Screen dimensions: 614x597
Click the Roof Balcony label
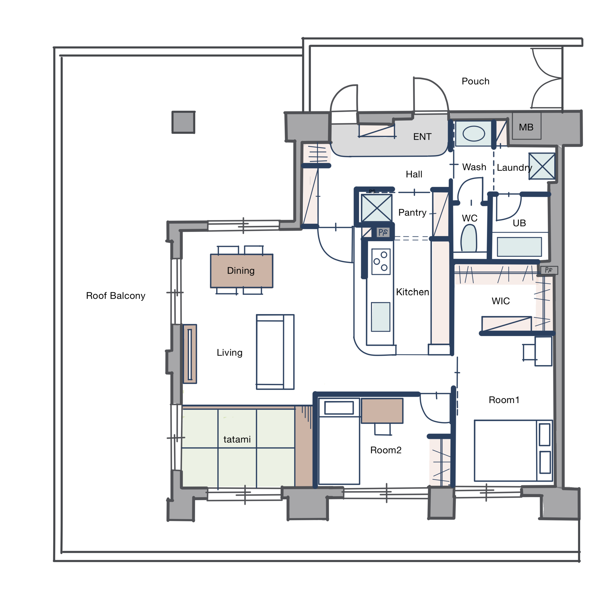point(116,296)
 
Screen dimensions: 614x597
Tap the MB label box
point(527,126)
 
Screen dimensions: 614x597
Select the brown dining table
point(242,271)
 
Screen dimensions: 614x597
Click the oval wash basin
point(474,134)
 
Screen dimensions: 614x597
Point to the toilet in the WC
point(469,239)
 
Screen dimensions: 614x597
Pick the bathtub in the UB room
point(519,247)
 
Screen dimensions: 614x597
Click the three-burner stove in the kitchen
point(381,261)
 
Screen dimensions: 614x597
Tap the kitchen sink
point(381,317)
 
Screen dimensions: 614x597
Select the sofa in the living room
point(275,352)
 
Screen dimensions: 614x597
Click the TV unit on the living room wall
point(190,354)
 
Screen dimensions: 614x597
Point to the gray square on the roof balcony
point(184,122)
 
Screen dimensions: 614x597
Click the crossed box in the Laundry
point(542,166)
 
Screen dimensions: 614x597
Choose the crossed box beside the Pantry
point(377,208)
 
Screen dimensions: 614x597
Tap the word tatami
point(237,440)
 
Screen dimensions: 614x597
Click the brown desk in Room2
point(382,411)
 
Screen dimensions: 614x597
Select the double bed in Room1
point(513,450)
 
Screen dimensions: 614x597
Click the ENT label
point(422,137)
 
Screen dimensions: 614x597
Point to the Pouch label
point(476,81)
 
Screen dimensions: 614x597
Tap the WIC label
point(501,301)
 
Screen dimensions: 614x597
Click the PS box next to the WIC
point(549,270)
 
